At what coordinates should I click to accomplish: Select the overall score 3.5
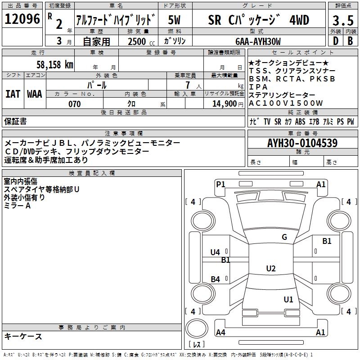[x=342, y=21]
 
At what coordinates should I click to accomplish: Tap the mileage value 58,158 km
[x=54, y=65]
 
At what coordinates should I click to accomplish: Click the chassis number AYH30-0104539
[x=302, y=143]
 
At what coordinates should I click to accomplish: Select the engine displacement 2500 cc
[x=139, y=42]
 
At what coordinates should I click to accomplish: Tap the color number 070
[x=74, y=104]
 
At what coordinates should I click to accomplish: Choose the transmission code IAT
[x=13, y=94]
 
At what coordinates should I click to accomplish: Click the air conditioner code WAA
[x=35, y=94]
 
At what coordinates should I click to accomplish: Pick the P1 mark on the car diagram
[x=220, y=184]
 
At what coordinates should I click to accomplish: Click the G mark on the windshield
[x=284, y=237]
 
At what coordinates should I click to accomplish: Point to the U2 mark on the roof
[x=270, y=269]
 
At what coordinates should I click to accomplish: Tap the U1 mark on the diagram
[x=288, y=299]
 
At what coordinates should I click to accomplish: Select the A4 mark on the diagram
[x=220, y=333]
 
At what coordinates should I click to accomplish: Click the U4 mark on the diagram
[x=215, y=252]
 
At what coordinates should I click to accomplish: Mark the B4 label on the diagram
[x=215, y=279]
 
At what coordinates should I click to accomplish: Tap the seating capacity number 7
[x=186, y=85]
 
